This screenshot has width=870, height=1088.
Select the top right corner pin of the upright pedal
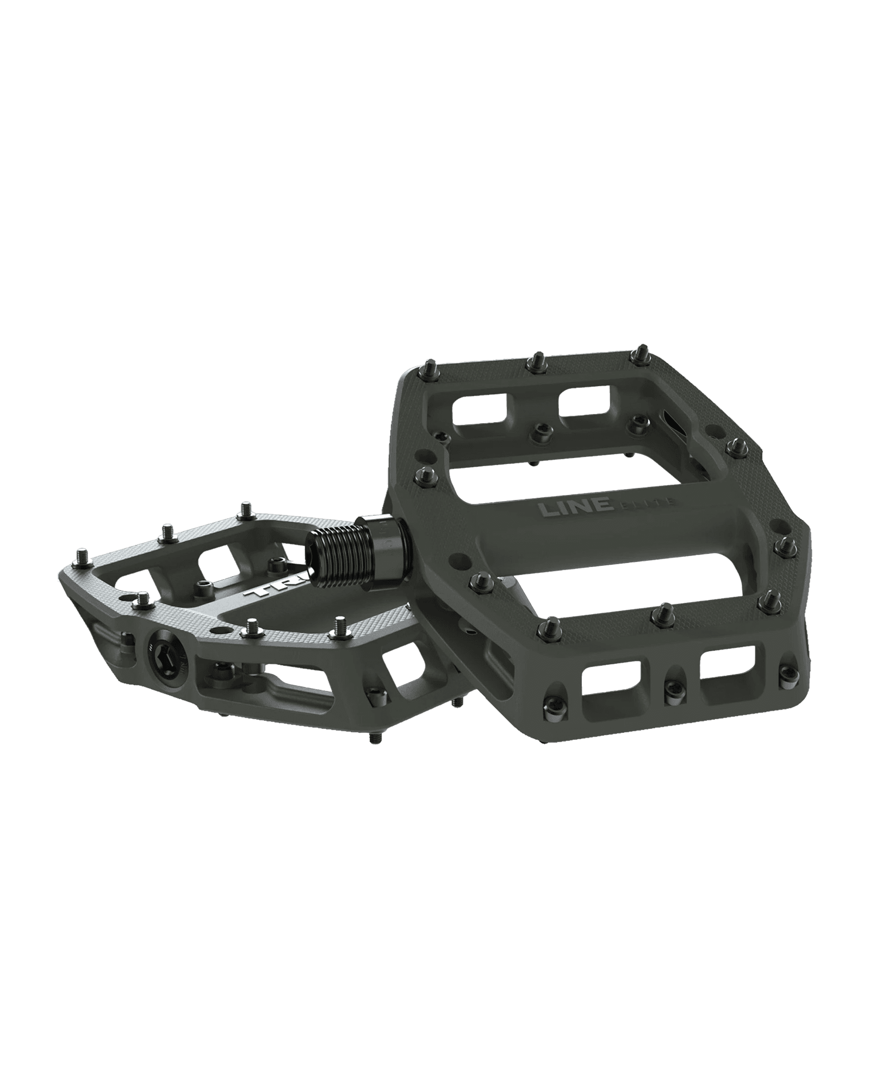click(x=642, y=349)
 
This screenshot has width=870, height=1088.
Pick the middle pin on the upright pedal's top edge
click(x=537, y=358)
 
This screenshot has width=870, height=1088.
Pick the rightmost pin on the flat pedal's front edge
click(x=341, y=623)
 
